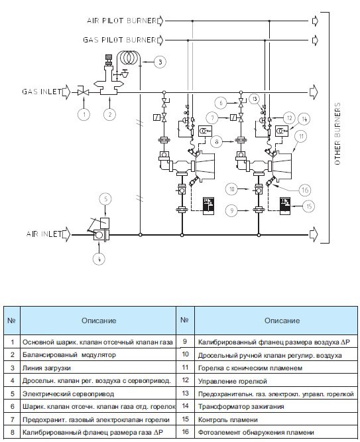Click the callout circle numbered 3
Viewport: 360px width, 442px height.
pyautogui.click(x=160, y=62)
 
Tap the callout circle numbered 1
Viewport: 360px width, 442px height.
pyautogui.click(x=84, y=114)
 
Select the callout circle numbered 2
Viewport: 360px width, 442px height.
pyautogui.click(x=109, y=114)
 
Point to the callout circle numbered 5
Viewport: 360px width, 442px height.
pyautogui.click(x=105, y=199)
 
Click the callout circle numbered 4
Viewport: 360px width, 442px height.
pyautogui.click(x=99, y=258)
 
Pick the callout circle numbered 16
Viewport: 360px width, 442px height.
pyautogui.click(x=305, y=190)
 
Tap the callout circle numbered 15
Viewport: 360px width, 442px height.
pyautogui.click(x=309, y=206)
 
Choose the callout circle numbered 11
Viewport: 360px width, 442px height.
pyautogui.click(x=301, y=137)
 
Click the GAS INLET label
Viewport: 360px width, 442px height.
pyautogui.click(x=42, y=92)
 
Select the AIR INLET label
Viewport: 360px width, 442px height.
pyautogui.click(x=44, y=234)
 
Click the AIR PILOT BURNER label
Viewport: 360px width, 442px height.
pyautogui.click(x=121, y=21)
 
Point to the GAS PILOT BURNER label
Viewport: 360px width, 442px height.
pyautogui.click(x=119, y=40)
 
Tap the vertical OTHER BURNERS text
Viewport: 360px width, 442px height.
pyautogui.click(x=337, y=133)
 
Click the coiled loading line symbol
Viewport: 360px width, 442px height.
pyautogui.click(x=129, y=57)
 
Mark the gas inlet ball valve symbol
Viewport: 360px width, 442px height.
pyautogui.click(x=84, y=92)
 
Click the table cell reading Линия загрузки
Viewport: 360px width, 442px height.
pyautogui.click(x=97, y=368)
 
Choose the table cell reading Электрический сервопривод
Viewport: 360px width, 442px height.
pyautogui.click(x=97, y=394)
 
